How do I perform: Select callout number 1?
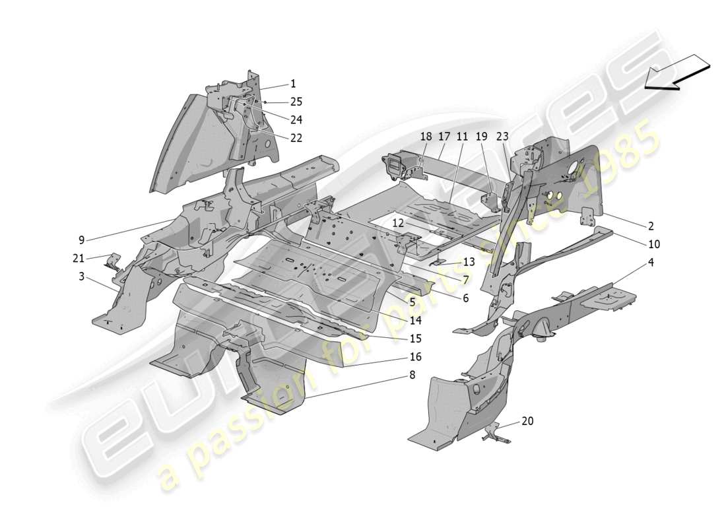pos(293,84)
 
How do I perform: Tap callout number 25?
pos(296,102)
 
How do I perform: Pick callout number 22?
pos(296,137)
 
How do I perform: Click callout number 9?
pos(81,240)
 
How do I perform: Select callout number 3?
pos(81,277)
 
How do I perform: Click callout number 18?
pos(426,136)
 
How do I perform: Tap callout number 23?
pos(503,136)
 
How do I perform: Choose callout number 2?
pos(650,225)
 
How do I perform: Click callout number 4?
pos(650,262)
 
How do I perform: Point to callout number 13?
pos(469,261)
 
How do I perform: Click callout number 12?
pos(398,223)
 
